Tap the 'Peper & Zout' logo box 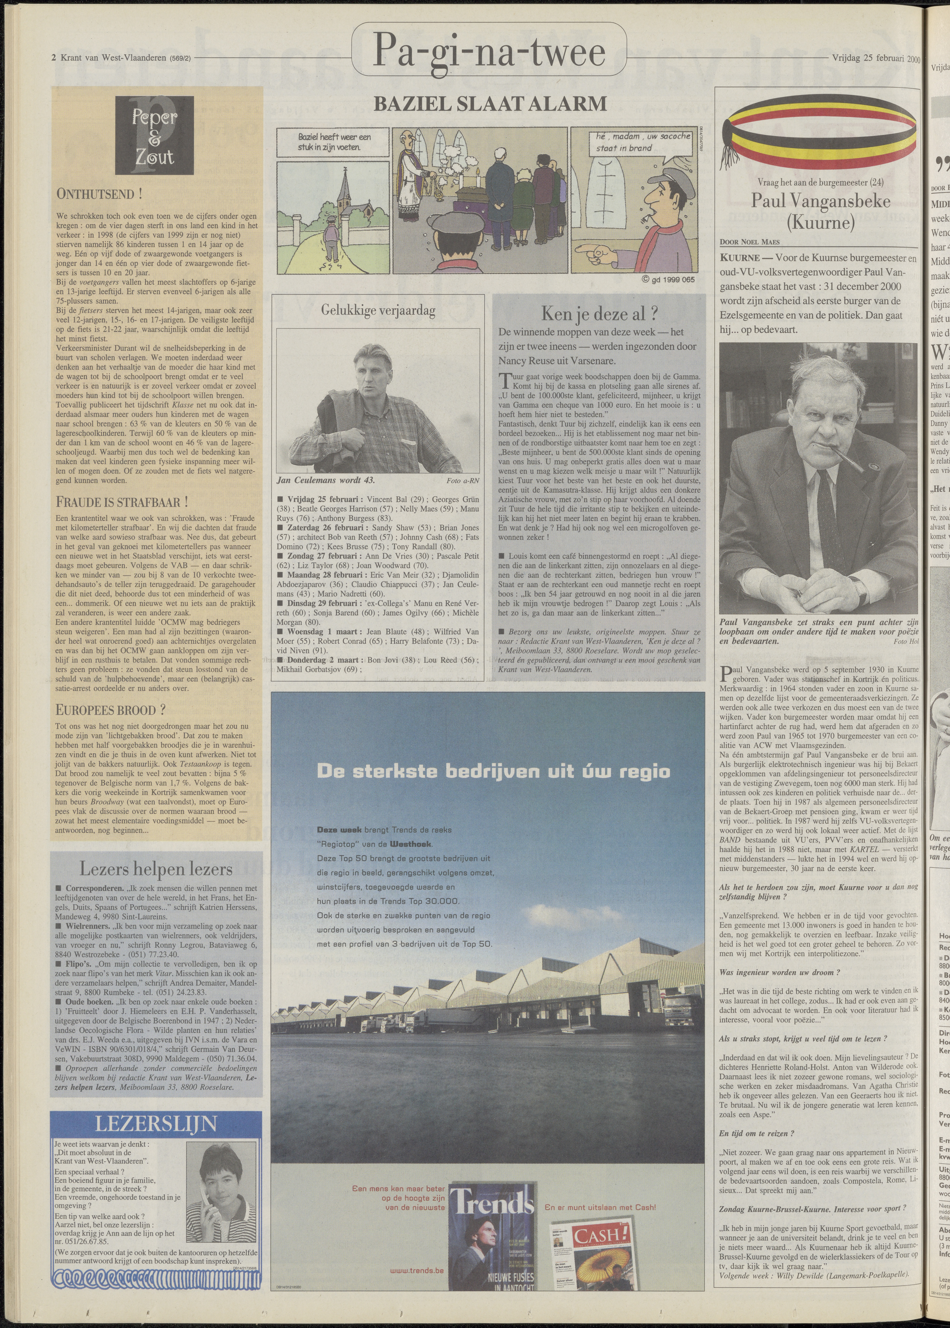[x=155, y=136]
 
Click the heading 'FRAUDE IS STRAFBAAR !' [x=122, y=502]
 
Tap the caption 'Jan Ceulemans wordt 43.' [x=326, y=480]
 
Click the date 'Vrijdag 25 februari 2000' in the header [x=875, y=58]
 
